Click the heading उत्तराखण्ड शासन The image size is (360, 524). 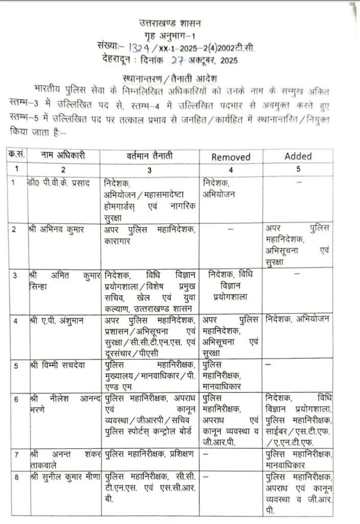click(171, 23)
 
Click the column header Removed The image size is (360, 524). click(231, 157)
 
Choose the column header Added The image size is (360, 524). click(298, 157)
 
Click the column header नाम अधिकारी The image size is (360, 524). click(63, 155)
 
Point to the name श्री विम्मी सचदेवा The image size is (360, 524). click(58, 365)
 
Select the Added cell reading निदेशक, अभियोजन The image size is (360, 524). click(297, 320)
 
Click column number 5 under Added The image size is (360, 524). click(298, 168)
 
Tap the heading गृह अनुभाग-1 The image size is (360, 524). click(171, 35)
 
